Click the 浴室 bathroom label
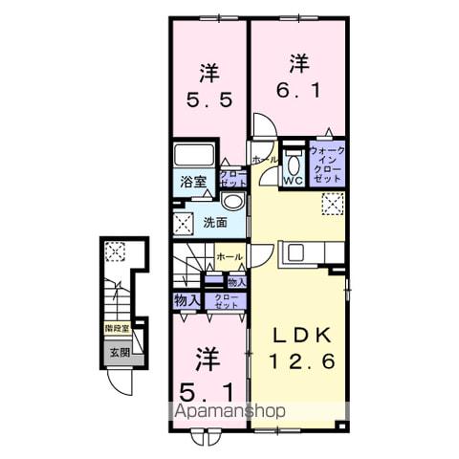[x=187, y=182]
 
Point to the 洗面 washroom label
[x=214, y=223]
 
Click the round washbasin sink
[x=231, y=202]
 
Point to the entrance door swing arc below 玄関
[x=119, y=381]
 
